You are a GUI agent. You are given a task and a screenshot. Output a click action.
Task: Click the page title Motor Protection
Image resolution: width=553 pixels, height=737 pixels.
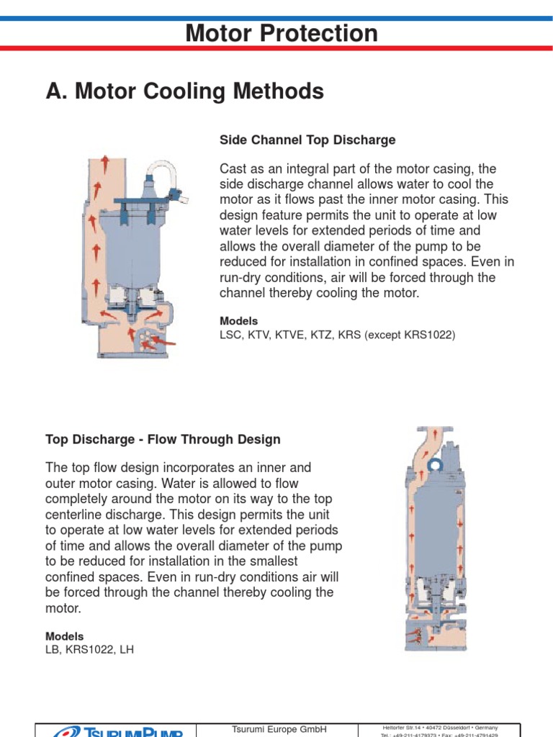point(281,33)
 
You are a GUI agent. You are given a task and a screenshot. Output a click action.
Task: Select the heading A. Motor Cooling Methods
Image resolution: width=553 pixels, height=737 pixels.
point(184,91)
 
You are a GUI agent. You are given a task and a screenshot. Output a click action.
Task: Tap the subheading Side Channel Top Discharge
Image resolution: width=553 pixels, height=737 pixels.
point(307,140)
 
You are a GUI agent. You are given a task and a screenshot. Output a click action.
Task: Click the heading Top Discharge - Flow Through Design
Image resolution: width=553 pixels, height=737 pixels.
point(163,439)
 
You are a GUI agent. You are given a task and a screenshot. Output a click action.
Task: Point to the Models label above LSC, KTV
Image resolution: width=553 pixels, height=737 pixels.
point(238,321)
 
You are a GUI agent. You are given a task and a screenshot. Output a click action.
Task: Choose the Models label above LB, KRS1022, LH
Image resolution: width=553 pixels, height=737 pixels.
point(64,636)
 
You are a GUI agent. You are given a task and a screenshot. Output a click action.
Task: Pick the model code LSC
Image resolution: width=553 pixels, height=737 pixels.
point(231,335)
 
